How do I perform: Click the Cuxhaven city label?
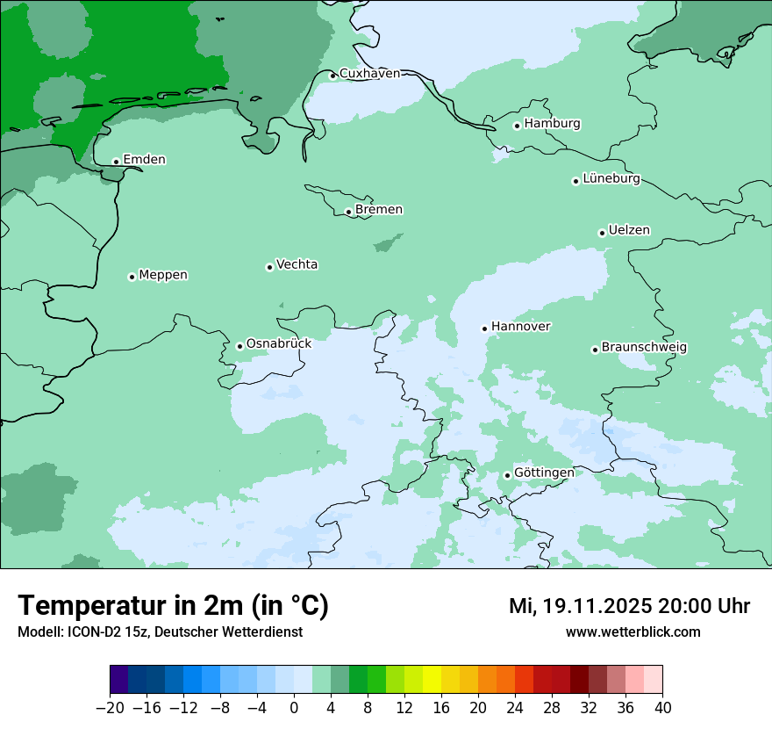tap(369, 74)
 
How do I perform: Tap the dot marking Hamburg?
tap(518, 126)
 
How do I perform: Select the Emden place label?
tap(144, 159)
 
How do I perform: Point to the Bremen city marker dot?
tap(348, 212)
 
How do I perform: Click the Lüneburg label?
tap(611, 178)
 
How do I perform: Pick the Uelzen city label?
tap(629, 230)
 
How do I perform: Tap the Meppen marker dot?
tap(132, 277)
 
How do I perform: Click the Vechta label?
tap(297, 264)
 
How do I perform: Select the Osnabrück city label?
tap(278, 343)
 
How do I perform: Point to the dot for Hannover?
tap(484, 328)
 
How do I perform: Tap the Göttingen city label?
tap(544, 473)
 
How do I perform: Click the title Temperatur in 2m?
tap(173, 606)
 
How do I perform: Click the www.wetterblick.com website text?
tap(633, 632)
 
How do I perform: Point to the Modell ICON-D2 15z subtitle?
tap(160, 632)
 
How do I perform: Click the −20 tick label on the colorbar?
tap(110, 708)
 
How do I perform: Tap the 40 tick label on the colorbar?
tap(662, 708)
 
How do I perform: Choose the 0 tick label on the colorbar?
tap(294, 708)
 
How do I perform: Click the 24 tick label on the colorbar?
tap(515, 708)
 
